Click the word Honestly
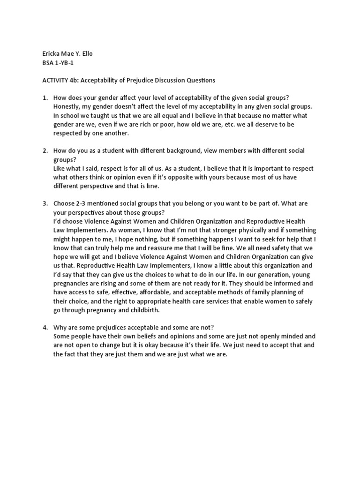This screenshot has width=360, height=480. tap(67, 107)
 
